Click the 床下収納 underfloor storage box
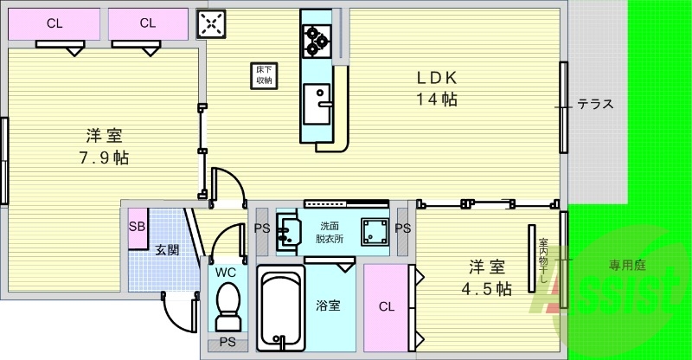click(264, 75)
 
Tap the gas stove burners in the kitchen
click(317, 41)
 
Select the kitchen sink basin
click(317, 104)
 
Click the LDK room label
click(437, 78)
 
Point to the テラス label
click(595, 104)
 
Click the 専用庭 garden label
click(628, 265)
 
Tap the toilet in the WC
click(228, 306)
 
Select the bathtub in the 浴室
click(280, 308)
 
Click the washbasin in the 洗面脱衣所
click(289, 231)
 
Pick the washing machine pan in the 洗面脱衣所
click(375, 232)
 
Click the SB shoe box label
click(137, 227)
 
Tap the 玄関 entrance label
click(167, 250)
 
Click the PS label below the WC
click(227, 343)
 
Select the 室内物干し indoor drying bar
click(532, 259)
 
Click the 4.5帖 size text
click(486, 289)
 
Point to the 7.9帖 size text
click(104, 157)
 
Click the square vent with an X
click(211, 24)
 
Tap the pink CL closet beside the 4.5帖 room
click(386, 307)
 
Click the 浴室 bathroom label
click(329, 305)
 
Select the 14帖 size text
click(437, 99)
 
